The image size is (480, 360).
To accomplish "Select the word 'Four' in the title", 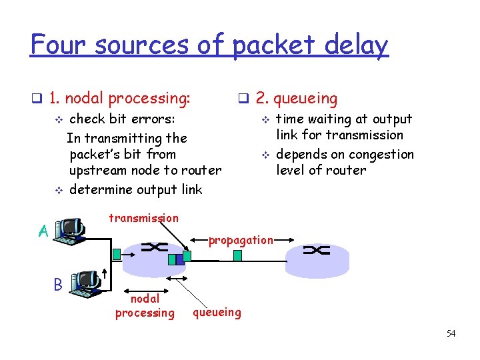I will pyautogui.click(x=59, y=45).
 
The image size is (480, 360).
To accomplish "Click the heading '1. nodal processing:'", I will pyautogui.click(x=120, y=99).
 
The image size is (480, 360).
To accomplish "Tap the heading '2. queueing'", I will pyautogui.click(x=297, y=99).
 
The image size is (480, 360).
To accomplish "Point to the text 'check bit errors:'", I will pyautogui.click(x=123, y=119).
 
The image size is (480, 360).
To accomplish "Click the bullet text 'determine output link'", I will pyautogui.click(x=135, y=189).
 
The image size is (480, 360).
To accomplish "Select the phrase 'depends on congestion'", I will pyautogui.click(x=345, y=154).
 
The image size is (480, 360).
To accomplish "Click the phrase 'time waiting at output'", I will pyautogui.click(x=344, y=119).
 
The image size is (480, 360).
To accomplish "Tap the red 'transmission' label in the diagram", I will pyautogui.click(x=143, y=218).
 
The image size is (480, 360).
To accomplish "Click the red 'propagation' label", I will pyautogui.click(x=241, y=240).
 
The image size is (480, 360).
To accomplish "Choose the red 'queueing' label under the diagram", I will pyautogui.click(x=217, y=311).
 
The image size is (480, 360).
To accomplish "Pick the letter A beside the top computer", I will pyautogui.click(x=43, y=231).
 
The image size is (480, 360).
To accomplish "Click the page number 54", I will pyautogui.click(x=451, y=333).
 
